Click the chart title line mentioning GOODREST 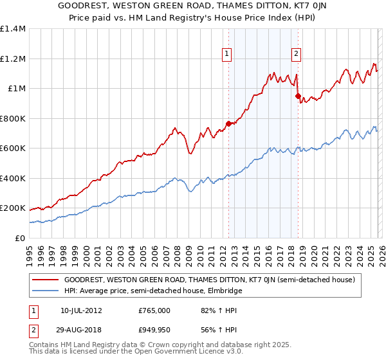[192, 6]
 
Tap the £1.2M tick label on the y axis [12, 59]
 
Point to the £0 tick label [19, 238]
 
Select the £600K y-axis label [12, 148]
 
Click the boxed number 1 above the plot [228, 55]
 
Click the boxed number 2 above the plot [297, 55]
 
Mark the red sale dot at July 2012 [228, 123]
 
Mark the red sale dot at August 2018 [298, 96]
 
